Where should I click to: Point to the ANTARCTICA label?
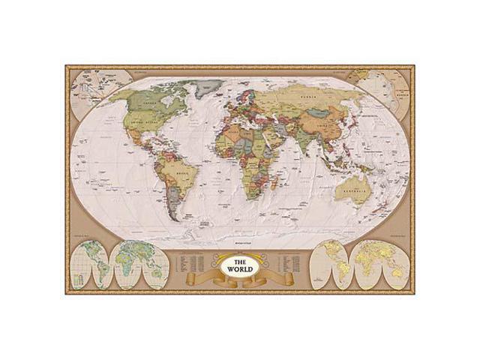(x=241, y=243)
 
